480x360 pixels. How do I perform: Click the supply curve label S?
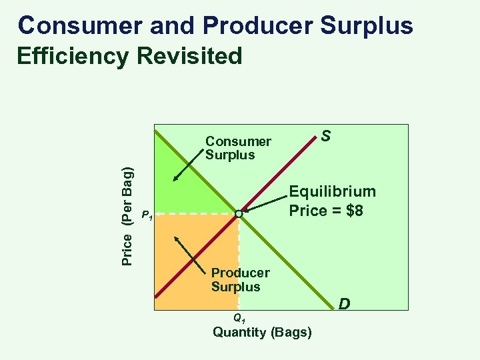(325, 136)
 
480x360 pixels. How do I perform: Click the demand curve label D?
(344, 305)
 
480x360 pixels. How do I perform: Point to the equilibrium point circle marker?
(239, 214)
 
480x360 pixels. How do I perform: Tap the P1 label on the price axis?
(147, 215)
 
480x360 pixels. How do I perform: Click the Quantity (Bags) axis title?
(262, 332)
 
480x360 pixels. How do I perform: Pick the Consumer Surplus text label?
(238, 148)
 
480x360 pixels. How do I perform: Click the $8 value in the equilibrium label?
(351, 211)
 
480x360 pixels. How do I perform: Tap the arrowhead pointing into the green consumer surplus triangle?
(175, 177)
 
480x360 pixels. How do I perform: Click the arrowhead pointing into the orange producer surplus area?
(177, 239)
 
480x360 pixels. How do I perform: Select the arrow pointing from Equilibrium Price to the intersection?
(267, 203)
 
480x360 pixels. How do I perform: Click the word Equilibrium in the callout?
(332, 192)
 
